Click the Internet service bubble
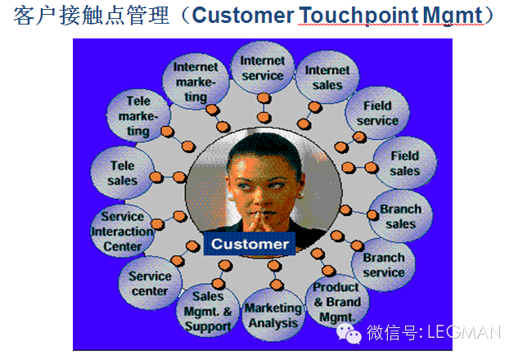point(263,68)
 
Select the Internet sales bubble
point(327,77)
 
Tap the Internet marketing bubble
point(196,81)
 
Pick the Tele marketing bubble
point(139,115)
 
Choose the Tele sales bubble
point(123,173)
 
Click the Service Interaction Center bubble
point(123,232)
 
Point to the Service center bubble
point(151,283)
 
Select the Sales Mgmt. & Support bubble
point(208,311)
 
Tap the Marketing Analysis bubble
point(273,315)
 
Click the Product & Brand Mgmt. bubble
point(337,302)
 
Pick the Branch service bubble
point(384,264)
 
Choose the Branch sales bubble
point(401,216)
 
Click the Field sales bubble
point(405,163)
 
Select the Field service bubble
point(377,113)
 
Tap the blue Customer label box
point(250,244)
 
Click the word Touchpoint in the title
point(358,16)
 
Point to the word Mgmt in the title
point(453,16)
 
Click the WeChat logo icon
point(349,334)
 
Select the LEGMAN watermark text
point(464,332)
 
